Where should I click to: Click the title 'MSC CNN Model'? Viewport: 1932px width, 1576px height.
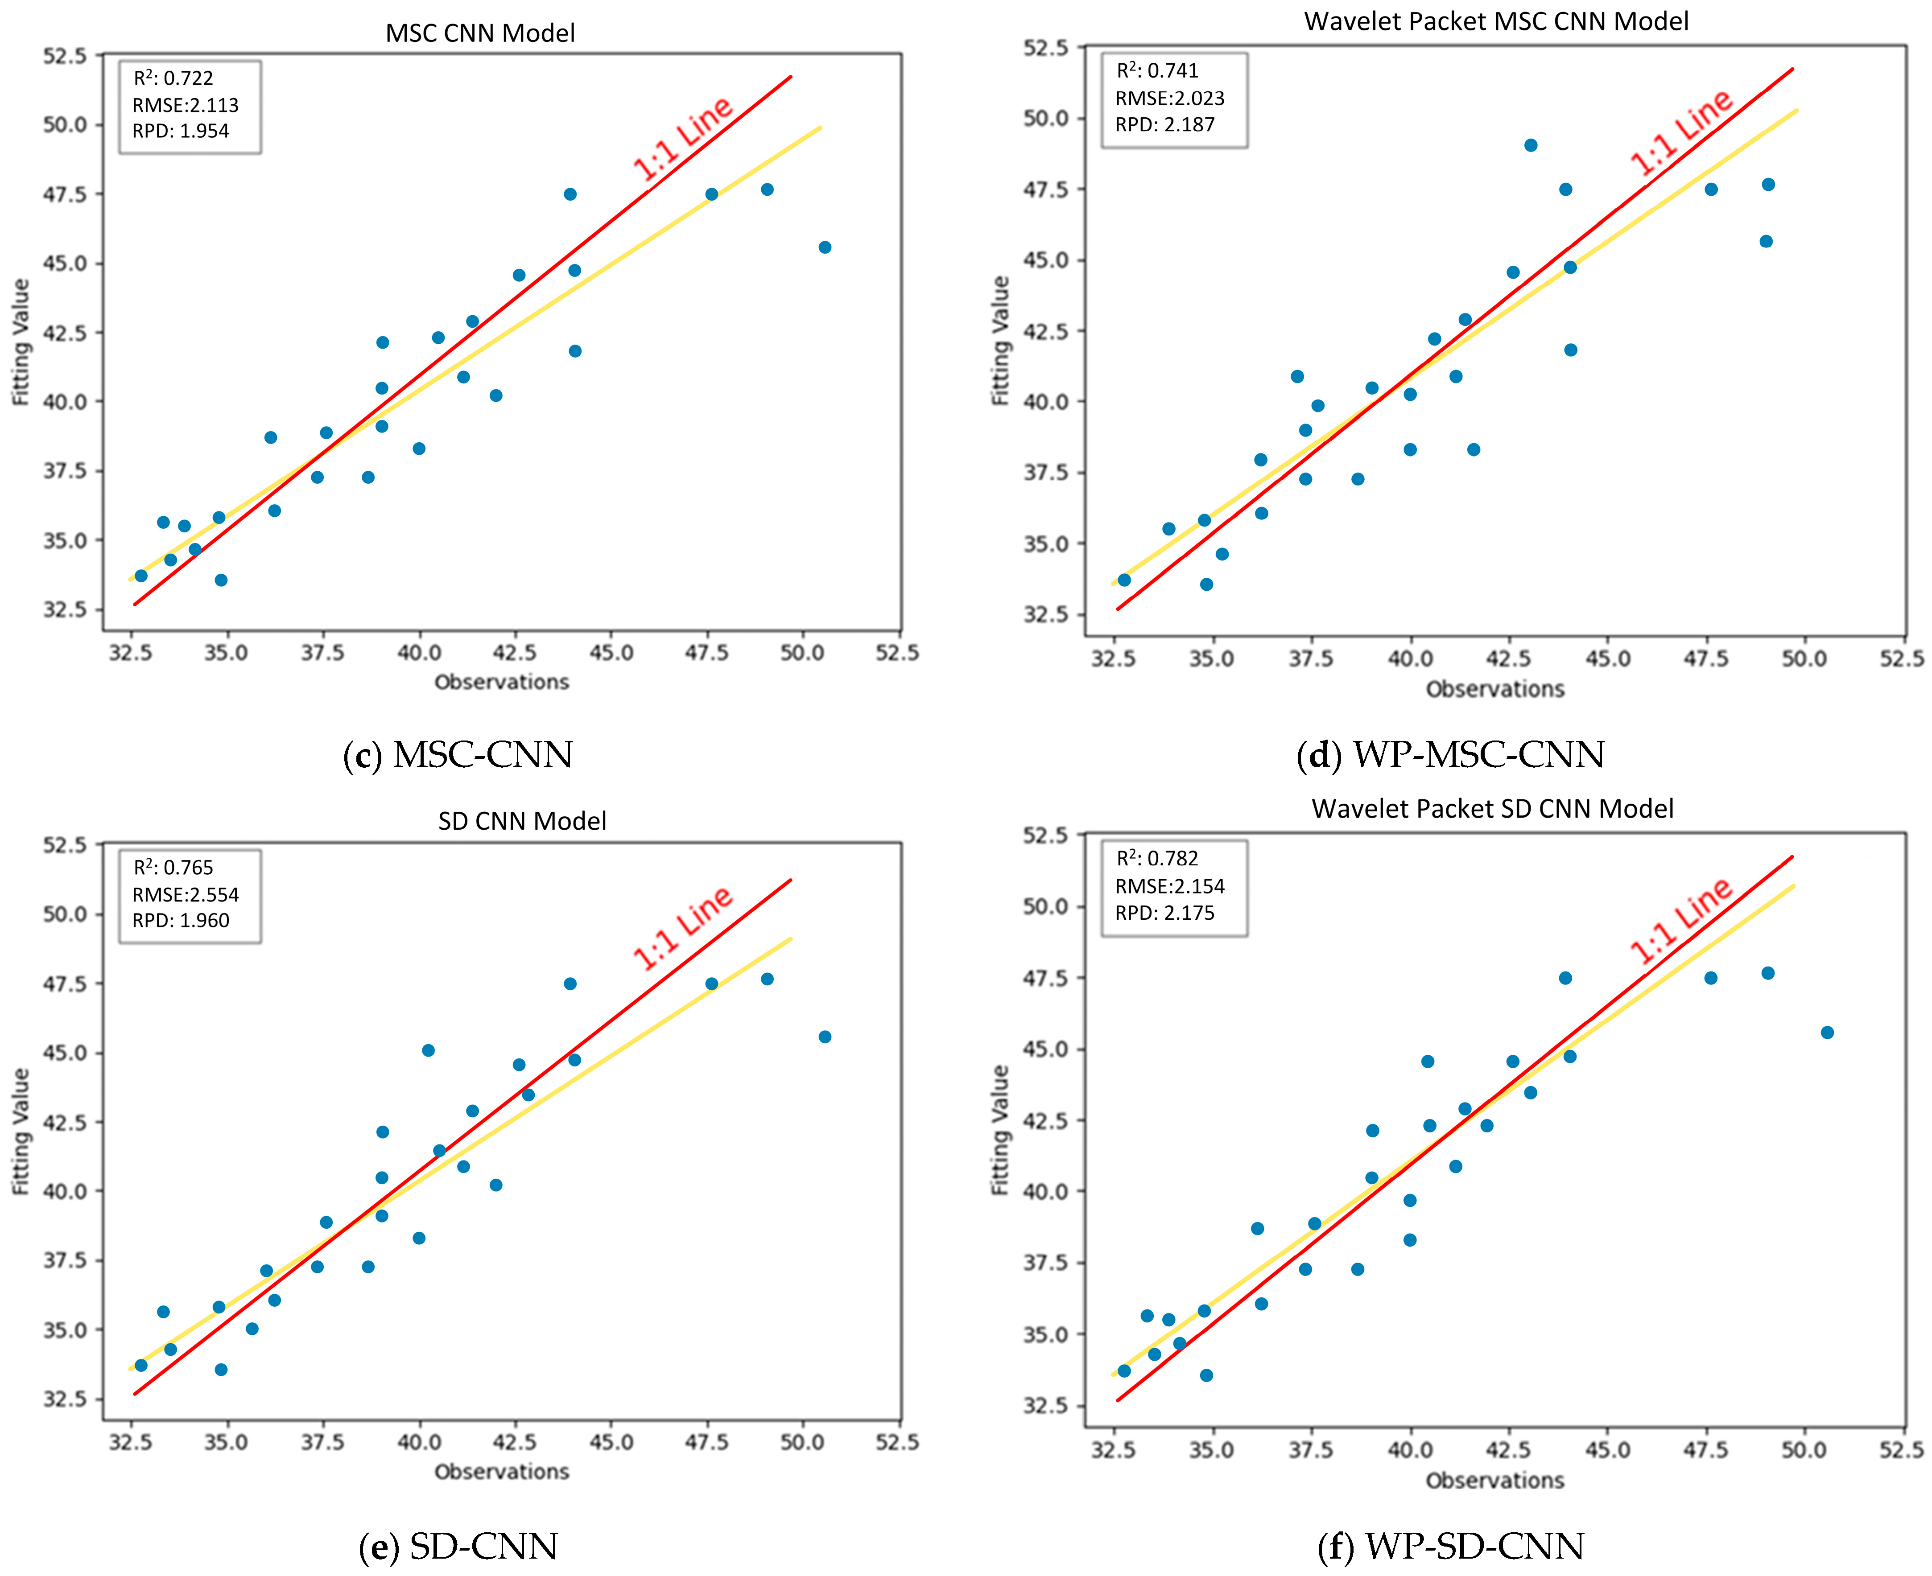480,33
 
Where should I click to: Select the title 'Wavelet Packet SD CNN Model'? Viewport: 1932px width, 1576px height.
1493,809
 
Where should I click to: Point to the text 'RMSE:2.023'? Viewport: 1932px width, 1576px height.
1170,98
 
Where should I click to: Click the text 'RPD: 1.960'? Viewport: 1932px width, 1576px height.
181,921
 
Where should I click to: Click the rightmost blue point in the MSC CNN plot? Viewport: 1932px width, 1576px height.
824,247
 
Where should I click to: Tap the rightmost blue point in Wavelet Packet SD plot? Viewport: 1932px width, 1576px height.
1828,1032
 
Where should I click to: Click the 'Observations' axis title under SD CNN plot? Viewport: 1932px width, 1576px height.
502,1472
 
